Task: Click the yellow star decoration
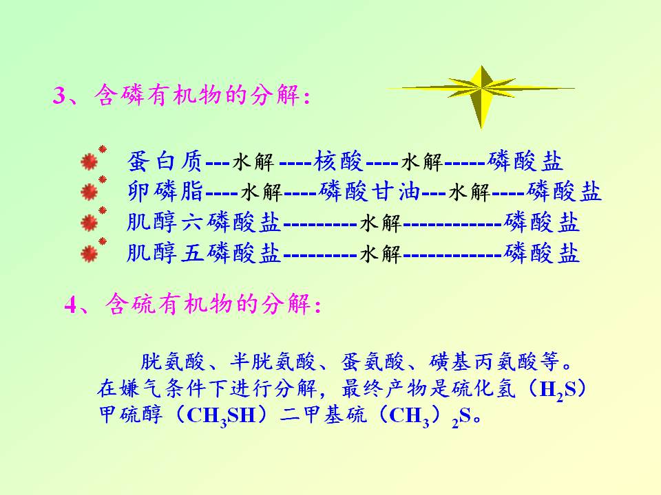(x=481, y=89)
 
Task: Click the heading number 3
(x=59, y=95)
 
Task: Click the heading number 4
(x=70, y=304)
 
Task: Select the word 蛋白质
(x=165, y=161)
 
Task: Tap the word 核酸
(x=338, y=160)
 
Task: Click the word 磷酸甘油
(x=370, y=191)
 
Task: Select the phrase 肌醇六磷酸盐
(x=204, y=222)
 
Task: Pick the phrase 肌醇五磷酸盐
(x=204, y=252)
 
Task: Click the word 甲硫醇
(x=131, y=415)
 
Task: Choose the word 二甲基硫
(x=323, y=415)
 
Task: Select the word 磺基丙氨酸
(x=483, y=362)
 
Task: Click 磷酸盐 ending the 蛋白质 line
(x=525, y=160)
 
